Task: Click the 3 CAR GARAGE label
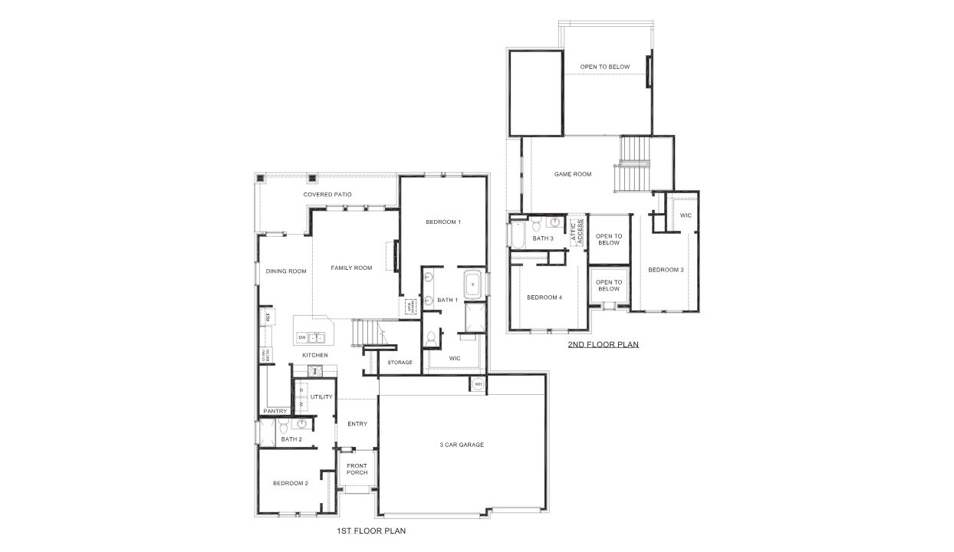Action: tap(462, 445)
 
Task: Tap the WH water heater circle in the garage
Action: tap(479, 384)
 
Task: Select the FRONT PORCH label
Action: tap(357, 469)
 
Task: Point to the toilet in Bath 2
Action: tap(282, 427)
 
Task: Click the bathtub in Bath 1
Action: tap(472, 284)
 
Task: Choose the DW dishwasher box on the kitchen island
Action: tap(301, 337)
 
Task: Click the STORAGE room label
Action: tap(400, 362)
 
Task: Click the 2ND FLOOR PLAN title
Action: tap(603, 345)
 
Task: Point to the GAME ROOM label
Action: tap(573, 174)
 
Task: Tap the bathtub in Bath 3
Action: tap(515, 234)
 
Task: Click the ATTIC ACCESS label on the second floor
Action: tap(577, 232)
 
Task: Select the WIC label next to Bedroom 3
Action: tap(686, 215)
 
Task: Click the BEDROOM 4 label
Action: tap(544, 297)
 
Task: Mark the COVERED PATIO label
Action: tap(327, 195)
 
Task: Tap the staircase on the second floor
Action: tap(634, 164)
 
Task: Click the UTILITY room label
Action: tap(321, 397)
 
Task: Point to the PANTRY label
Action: tap(275, 411)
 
